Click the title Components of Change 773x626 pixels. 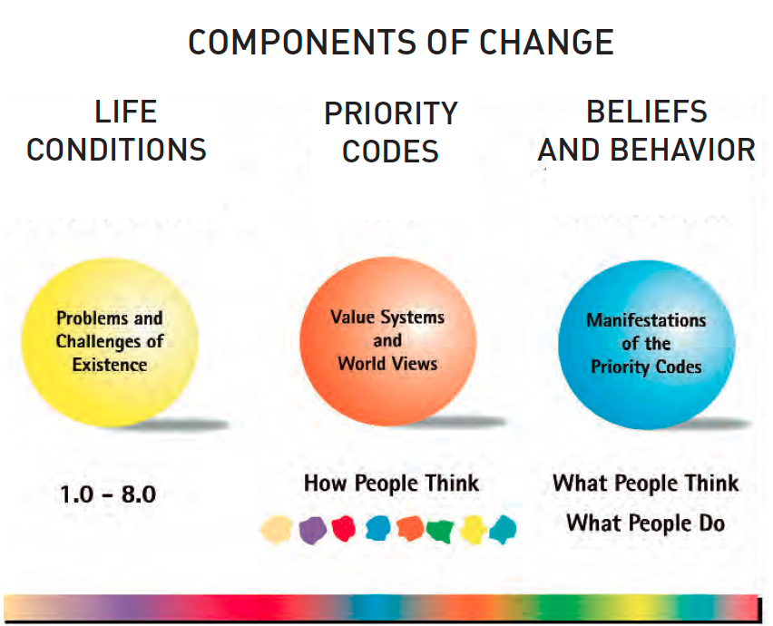click(x=401, y=42)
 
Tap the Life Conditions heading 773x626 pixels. click(x=117, y=131)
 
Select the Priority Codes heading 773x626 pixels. click(x=390, y=132)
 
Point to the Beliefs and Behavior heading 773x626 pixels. click(x=646, y=131)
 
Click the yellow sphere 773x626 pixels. click(x=110, y=342)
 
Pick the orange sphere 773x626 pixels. click(x=388, y=341)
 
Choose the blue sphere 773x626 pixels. click(x=646, y=344)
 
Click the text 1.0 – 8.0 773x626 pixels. click(x=108, y=494)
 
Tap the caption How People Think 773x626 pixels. click(x=391, y=483)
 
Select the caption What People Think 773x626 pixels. click(x=646, y=483)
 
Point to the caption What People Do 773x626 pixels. click(x=646, y=523)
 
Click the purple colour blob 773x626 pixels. click(x=312, y=530)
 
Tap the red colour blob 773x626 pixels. click(x=344, y=528)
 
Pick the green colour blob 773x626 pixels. click(x=440, y=531)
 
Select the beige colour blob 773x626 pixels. click(x=277, y=530)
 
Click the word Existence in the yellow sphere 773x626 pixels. click(x=110, y=365)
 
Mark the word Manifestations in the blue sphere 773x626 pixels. click(x=646, y=320)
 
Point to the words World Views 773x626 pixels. click(x=388, y=364)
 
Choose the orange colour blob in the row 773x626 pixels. click(x=410, y=528)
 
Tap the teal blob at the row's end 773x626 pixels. click(x=503, y=530)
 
